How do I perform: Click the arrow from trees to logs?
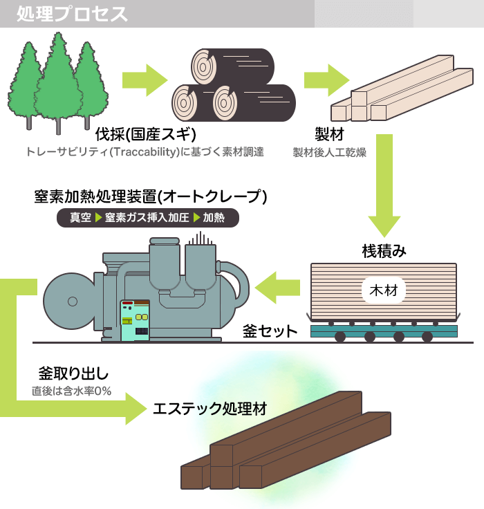click(x=145, y=81)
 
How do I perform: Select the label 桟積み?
click(x=384, y=251)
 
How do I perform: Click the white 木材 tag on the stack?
click(x=383, y=288)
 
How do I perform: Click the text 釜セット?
click(x=270, y=332)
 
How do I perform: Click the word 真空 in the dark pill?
click(x=80, y=218)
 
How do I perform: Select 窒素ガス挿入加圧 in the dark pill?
click(x=147, y=218)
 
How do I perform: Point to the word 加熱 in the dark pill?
click(x=214, y=218)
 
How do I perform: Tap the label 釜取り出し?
click(x=74, y=374)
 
